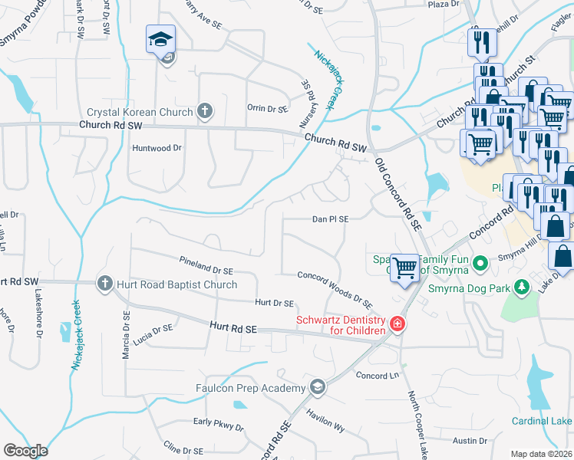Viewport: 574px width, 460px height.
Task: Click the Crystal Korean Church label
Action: pyautogui.click(x=144, y=112)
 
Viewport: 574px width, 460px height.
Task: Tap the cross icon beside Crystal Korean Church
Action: pyautogui.click(x=204, y=112)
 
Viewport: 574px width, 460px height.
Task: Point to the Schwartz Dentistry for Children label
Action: pyautogui.click(x=341, y=325)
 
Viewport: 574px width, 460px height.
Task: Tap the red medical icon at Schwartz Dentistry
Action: pyautogui.click(x=397, y=324)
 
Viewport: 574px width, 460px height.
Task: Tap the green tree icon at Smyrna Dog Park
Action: pyautogui.click(x=522, y=287)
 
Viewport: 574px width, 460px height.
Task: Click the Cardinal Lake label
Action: pyautogui.click(x=542, y=421)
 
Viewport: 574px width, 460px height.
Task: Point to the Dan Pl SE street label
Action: pyautogui.click(x=330, y=219)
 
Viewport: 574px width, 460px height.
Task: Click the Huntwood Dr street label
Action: pyautogui.click(x=157, y=147)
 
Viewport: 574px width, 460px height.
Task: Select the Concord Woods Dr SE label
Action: pyautogui.click(x=335, y=291)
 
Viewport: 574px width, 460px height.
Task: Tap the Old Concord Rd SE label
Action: pyautogui.click(x=398, y=195)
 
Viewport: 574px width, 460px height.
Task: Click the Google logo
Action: pyautogui.click(x=25, y=450)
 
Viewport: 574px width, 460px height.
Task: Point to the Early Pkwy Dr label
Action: pyautogui.click(x=218, y=422)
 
